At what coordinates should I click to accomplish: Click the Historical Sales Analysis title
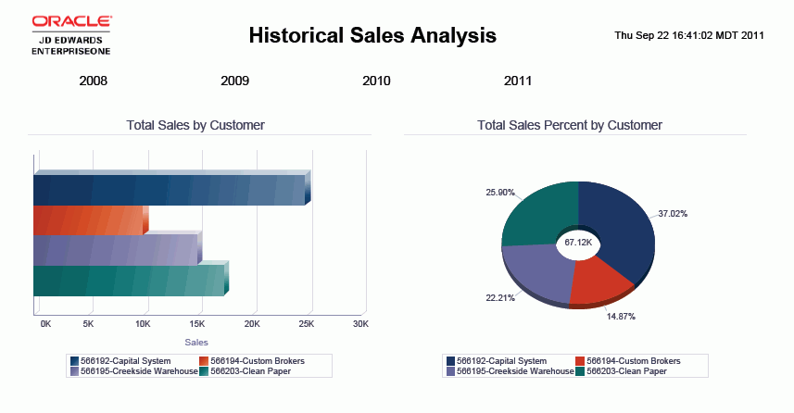(x=372, y=36)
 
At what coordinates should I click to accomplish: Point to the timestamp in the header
(x=689, y=35)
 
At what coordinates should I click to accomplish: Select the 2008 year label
(x=94, y=81)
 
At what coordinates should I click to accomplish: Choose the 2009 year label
(x=234, y=81)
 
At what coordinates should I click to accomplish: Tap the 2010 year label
(x=376, y=81)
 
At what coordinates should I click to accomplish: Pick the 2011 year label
(x=518, y=81)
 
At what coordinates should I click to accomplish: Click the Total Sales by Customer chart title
(x=195, y=125)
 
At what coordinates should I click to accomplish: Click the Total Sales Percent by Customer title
(x=570, y=125)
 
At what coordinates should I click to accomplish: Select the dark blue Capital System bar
(x=167, y=190)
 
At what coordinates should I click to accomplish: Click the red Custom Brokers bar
(x=88, y=220)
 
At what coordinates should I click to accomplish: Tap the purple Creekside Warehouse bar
(x=115, y=250)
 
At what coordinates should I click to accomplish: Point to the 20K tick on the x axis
(x=252, y=324)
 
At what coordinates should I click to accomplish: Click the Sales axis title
(x=196, y=343)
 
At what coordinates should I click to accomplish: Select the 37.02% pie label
(x=673, y=214)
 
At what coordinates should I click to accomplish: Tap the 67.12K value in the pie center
(x=578, y=243)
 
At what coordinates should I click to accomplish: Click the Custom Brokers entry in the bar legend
(x=252, y=360)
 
